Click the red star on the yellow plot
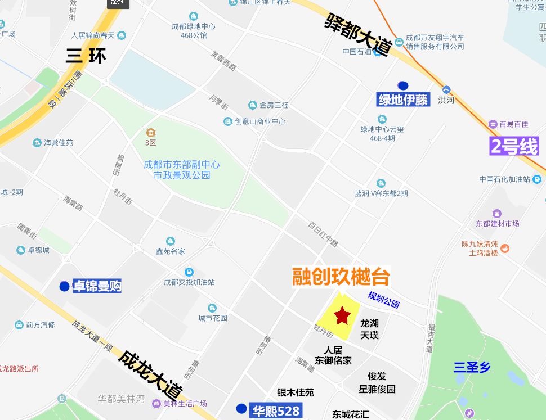[x=342, y=316]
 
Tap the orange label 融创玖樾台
[x=341, y=277]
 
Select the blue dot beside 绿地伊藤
[x=403, y=86]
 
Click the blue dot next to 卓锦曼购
[x=64, y=286]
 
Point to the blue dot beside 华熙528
[x=241, y=408]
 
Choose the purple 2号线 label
[x=514, y=146]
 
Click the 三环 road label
[x=85, y=56]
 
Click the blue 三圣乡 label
[x=472, y=368]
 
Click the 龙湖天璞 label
[x=369, y=329]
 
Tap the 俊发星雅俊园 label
[x=377, y=382]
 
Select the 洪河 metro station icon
[x=446, y=89]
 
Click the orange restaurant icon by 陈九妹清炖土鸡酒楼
[x=505, y=248]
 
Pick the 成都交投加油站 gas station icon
[x=189, y=272]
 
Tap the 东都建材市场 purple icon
[x=497, y=214]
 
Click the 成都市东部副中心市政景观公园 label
[x=182, y=170]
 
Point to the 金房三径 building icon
[x=253, y=105]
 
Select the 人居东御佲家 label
[x=333, y=355]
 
